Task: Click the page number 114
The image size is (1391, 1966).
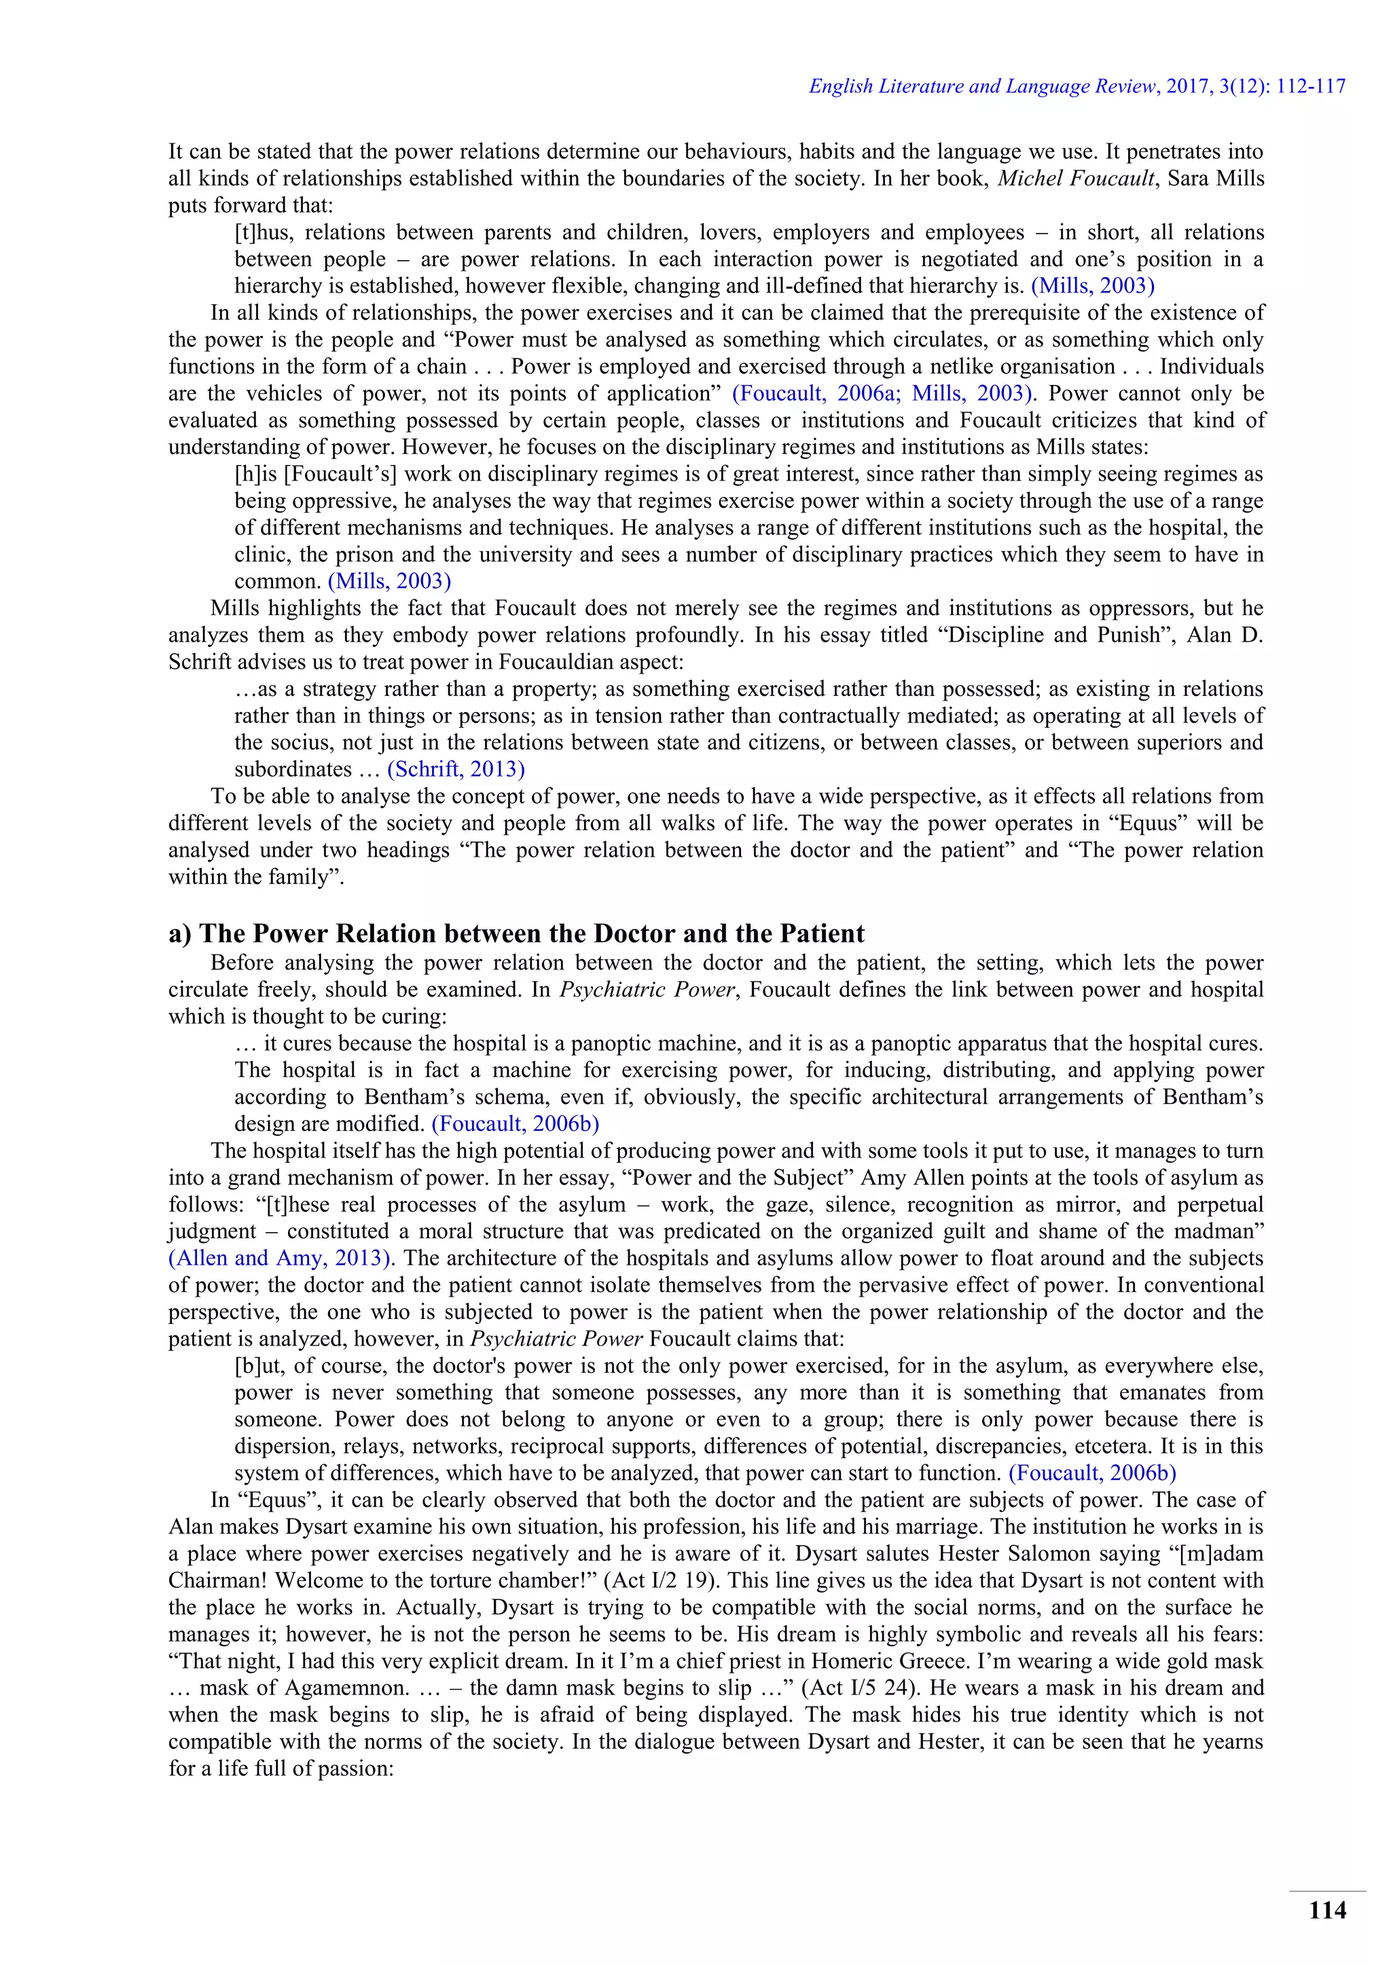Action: [x=1326, y=1910]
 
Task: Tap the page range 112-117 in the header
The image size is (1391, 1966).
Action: [x=1310, y=86]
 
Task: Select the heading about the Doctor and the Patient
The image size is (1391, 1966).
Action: [x=516, y=933]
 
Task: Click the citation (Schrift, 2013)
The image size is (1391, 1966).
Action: [x=456, y=769]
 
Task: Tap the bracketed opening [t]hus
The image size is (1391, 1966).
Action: [x=262, y=232]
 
